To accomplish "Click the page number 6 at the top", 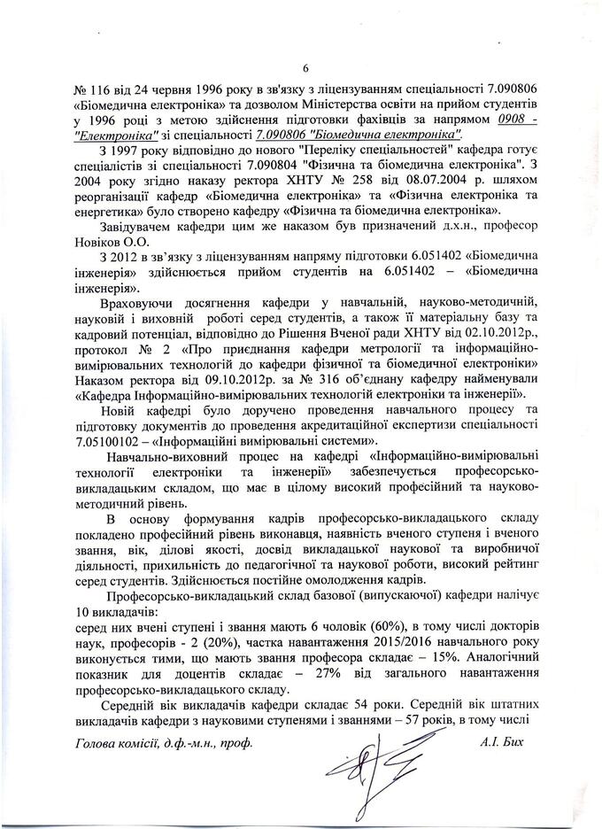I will pyautogui.click(x=305, y=70).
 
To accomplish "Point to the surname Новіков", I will pyautogui.click(x=98, y=242).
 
